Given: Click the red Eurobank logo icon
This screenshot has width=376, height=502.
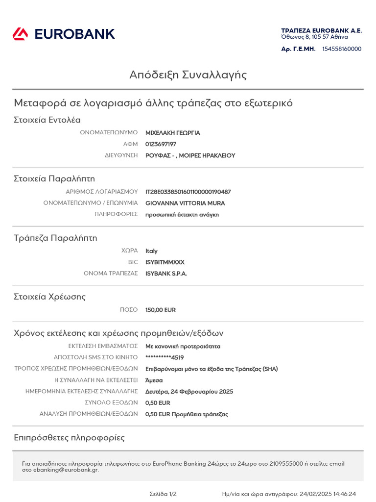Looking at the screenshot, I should coord(21,34).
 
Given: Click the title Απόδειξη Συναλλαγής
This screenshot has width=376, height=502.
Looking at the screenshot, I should coord(188,75).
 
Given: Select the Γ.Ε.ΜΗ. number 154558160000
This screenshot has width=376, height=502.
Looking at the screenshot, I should coord(342,49).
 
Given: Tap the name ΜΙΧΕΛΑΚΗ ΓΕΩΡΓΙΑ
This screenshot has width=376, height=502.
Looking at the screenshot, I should coord(173,133).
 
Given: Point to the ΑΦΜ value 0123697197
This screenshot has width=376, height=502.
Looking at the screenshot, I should coord(161,144).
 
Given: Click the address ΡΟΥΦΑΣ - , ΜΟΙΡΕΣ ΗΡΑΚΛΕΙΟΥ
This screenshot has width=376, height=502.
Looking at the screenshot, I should coord(190,155).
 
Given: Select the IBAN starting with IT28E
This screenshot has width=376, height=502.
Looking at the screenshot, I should coord(188,192).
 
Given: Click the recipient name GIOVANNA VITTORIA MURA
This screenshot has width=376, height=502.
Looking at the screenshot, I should coord(185,203).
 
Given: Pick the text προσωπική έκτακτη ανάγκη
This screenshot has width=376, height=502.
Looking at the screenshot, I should coord(182,215).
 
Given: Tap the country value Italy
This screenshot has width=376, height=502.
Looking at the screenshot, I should coord(151,251).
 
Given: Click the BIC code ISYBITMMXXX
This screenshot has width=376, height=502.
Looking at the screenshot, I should coord(165,262).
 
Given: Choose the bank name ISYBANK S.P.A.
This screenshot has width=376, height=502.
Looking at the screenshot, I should coord(166,274).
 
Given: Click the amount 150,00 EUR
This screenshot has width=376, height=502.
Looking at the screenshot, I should coord(161,310).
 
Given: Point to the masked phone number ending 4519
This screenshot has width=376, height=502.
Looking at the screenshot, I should coord(164,357).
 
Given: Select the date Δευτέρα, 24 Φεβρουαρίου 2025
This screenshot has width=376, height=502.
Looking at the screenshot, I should coord(189,392).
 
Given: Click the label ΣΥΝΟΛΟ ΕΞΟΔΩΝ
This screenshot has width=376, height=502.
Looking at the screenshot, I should coord(111,403).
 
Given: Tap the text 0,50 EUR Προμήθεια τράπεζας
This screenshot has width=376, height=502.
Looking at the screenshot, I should coord(187,414).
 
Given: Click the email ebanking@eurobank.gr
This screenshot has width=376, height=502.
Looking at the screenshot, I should coord(66,470).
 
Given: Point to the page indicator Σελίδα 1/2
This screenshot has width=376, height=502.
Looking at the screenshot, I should coord(163,494).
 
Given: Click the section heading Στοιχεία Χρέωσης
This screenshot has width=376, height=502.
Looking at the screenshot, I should coord(49,297).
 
